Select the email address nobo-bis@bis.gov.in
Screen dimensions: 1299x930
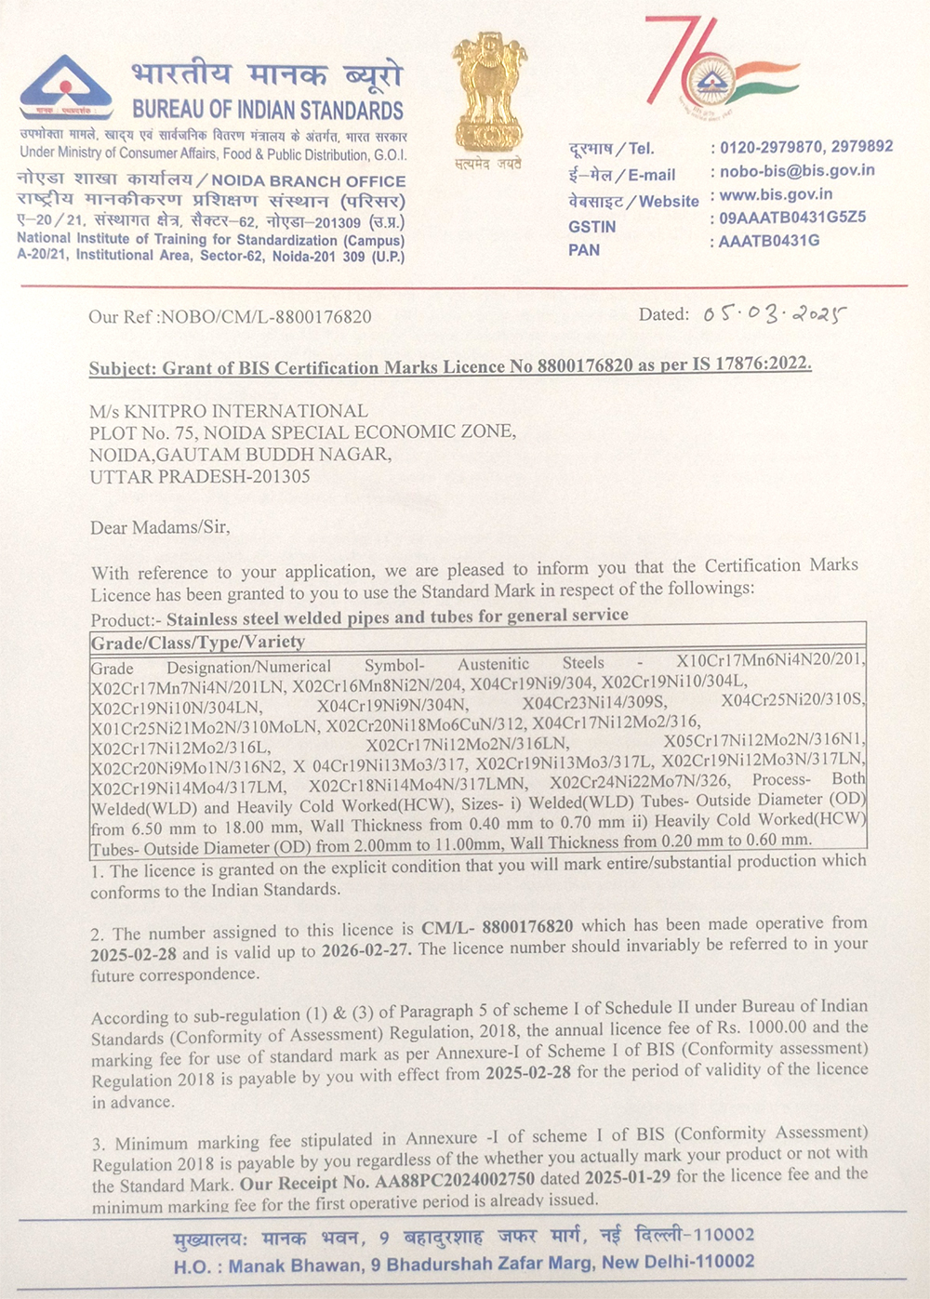(x=797, y=170)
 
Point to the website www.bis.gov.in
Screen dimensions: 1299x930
(x=776, y=194)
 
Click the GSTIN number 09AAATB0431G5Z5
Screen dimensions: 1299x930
(x=792, y=218)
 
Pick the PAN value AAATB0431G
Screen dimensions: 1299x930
(x=769, y=241)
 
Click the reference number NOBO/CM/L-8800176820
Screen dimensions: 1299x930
(x=266, y=317)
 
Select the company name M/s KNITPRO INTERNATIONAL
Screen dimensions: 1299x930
(x=229, y=411)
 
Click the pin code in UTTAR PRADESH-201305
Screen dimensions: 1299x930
(x=277, y=477)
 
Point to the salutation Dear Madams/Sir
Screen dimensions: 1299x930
(x=159, y=527)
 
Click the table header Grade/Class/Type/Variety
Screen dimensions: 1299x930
(x=198, y=642)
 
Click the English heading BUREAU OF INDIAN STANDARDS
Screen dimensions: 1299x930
(x=268, y=110)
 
